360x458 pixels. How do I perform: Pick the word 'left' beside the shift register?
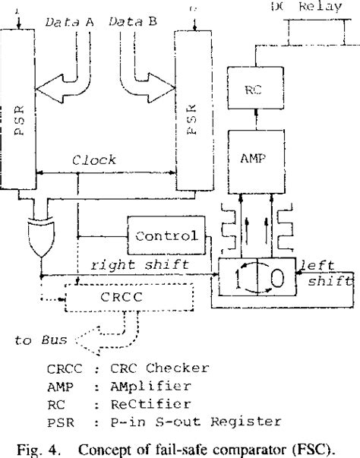316,266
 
